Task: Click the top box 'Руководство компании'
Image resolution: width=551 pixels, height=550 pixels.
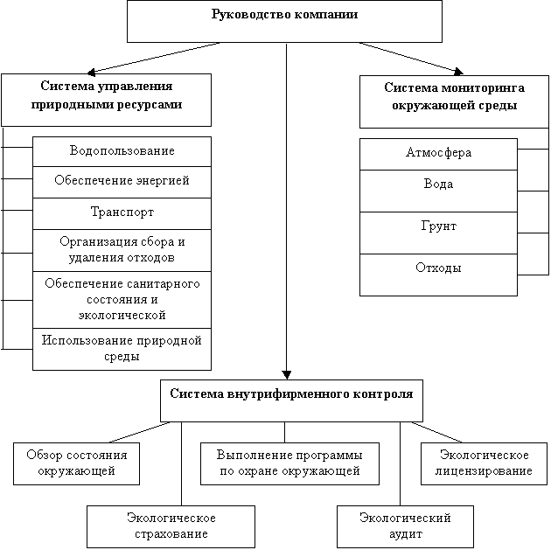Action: pyautogui.click(x=284, y=22)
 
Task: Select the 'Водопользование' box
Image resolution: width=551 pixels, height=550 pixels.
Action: pyautogui.click(x=122, y=151)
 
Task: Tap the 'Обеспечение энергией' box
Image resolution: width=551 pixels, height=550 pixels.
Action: pyautogui.click(x=122, y=182)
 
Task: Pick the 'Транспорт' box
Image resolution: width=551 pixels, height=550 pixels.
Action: pyautogui.click(x=122, y=213)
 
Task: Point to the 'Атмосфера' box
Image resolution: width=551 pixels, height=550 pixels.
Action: pyautogui.click(x=438, y=154)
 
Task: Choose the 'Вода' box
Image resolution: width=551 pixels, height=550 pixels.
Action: pyautogui.click(x=438, y=191)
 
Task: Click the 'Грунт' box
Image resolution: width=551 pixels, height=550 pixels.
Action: pyautogui.click(x=438, y=233)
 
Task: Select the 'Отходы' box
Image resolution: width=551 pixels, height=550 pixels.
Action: pyautogui.click(x=438, y=275)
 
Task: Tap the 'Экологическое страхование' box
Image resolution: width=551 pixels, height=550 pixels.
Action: pyautogui.click(x=171, y=526)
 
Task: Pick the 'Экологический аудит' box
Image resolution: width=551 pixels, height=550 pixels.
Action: pyautogui.click(x=405, y=526)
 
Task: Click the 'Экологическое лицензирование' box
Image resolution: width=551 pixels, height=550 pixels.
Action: pyautogui.click(x=484, y=463)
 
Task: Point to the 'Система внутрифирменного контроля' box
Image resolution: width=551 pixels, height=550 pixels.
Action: pyautogui.click(x=291, y=400)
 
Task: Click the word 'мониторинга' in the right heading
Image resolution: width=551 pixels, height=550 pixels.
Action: pyautogui.click(x=483, y=87)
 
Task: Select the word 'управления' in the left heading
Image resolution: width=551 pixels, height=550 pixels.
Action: pyautogui.click(x=135, y=86)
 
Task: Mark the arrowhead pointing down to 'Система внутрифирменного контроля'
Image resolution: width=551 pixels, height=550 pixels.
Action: pyautogui.click(x=287, y=375)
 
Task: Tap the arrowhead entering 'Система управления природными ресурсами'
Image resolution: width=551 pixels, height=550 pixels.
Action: pyautogui.click(x=91, y=73)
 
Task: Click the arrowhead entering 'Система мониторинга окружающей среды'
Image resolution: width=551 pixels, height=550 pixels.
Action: pyautogui.click(x=458, y=72)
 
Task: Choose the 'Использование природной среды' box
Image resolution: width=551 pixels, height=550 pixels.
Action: pyautogui.click(x=122, y=349)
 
